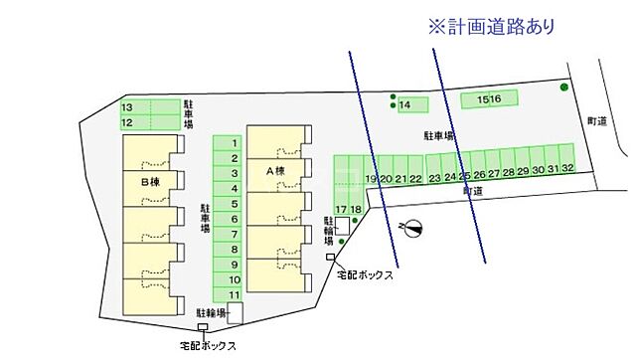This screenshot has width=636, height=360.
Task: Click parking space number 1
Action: tap(234, 143)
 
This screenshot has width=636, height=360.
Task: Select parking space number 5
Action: tap(234, 204)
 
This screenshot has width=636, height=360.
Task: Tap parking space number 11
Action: tap(234, 294)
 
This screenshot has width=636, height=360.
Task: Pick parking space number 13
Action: tap(127, 107)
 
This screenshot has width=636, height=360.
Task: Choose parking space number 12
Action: tap(127, 122)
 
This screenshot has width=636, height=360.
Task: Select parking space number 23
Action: tap(434, 178)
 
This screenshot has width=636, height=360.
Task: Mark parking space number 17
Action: tap(341, 208)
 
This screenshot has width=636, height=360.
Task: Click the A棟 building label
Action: tap(275, 170)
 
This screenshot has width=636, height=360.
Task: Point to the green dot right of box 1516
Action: tap(564, 88)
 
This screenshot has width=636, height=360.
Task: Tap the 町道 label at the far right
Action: tap(596, 121)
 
